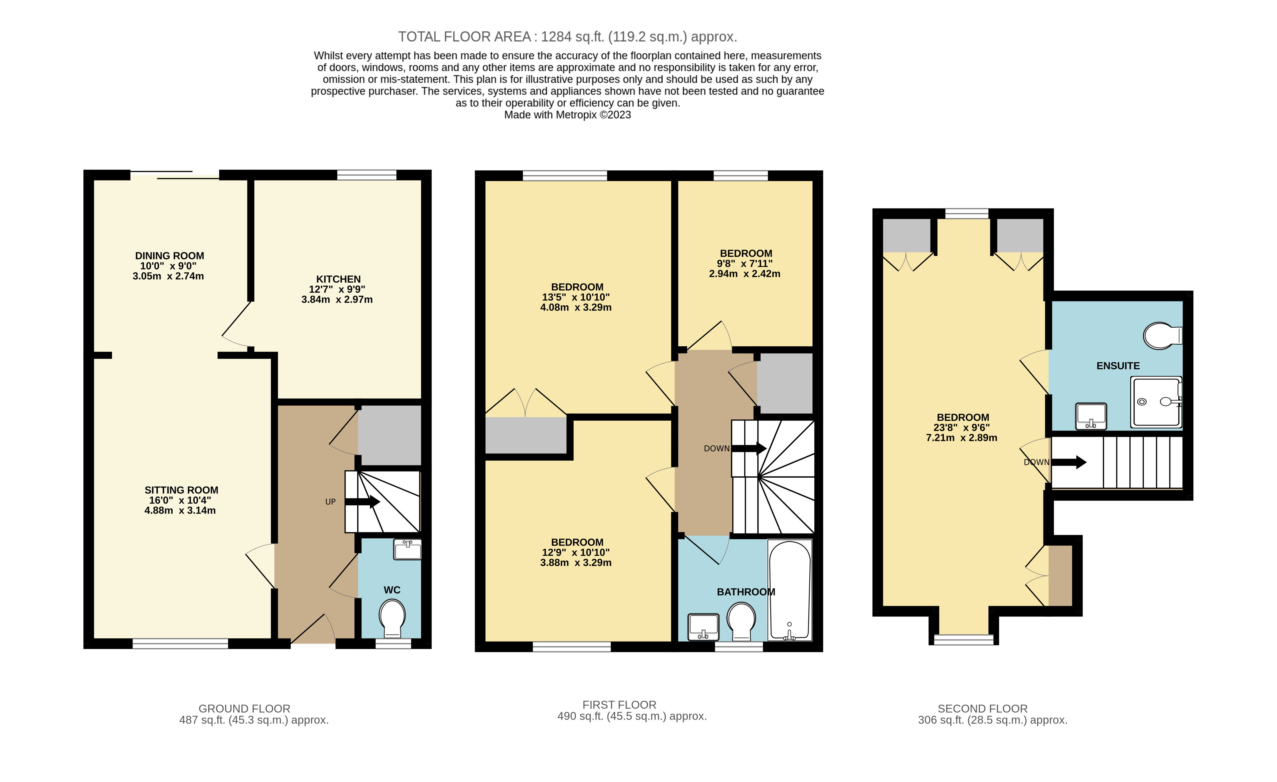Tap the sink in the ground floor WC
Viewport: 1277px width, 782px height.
[407, 549]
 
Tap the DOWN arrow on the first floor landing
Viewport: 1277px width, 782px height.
[749, 448]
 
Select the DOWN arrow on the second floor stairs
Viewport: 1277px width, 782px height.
[1069, 462]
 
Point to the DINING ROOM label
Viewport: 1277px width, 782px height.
[170, 256]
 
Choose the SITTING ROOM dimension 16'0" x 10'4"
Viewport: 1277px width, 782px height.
[180, 500]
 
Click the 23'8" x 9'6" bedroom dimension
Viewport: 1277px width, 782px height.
[963, 428]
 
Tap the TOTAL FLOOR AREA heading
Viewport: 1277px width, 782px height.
[567, 37]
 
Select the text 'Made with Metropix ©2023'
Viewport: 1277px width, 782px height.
[567, 115]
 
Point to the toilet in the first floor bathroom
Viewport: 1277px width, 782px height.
[741, 620]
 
